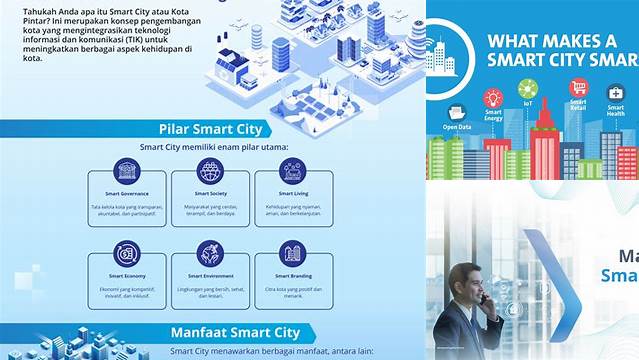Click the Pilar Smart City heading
coord(210,129)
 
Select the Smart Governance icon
coord(127,171)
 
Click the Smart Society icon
coord(210,171)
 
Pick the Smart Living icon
coord(292,171)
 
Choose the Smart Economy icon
coord(127,253)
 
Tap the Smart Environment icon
coord(210,253)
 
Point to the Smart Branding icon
coord(292,253)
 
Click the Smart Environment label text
coord(210,274)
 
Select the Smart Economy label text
coord(127,274)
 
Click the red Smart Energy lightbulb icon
coord(492,98)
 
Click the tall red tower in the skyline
coord(545,140)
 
